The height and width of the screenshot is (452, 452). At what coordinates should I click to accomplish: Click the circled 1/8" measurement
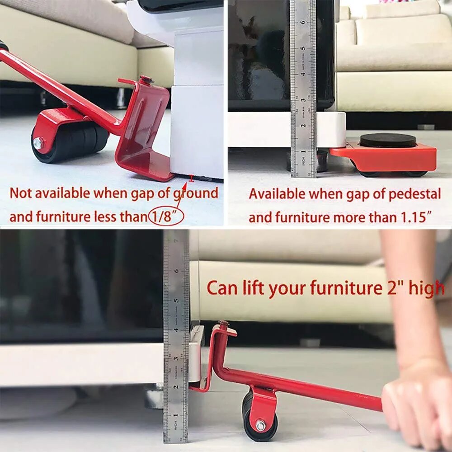pyautogui.click(x=166, y=217)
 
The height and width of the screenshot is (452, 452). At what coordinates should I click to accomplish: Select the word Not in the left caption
pyautogui.click(x=21, y=193)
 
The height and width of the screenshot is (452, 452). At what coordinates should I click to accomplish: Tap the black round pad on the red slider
pyautogui.click(x=388, y=140)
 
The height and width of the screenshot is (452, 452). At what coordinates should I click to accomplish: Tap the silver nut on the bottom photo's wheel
pyautogui.click(x=261, y=424)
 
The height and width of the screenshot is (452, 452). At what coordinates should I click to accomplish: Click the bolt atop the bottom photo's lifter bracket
pyautogui.click(x=224, y=323)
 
